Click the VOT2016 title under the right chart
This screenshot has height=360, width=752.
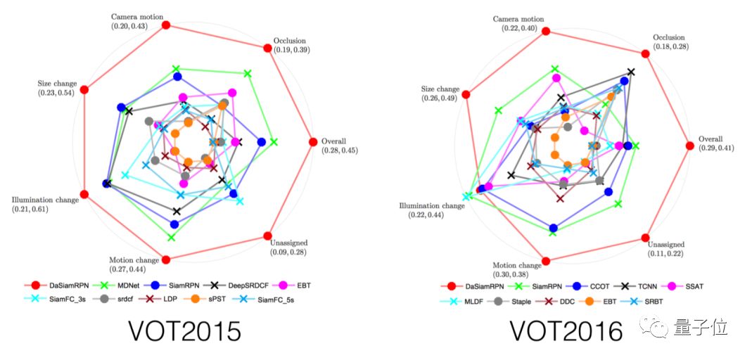pos(565,331)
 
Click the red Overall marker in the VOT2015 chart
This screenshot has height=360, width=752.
pos(312,141)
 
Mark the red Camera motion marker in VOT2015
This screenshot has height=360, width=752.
pos(167,25)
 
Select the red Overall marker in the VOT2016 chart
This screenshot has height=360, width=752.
pos(690,146)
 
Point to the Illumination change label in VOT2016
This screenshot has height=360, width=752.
pos(431,206)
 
